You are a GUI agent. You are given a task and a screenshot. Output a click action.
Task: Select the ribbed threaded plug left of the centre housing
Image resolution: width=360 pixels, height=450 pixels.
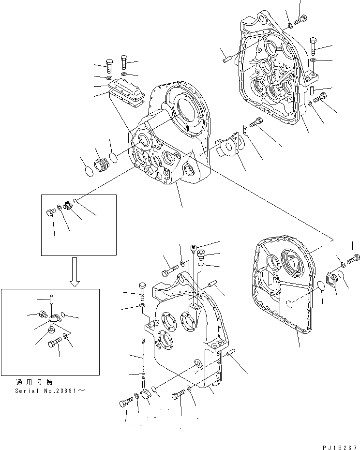pos(103,164)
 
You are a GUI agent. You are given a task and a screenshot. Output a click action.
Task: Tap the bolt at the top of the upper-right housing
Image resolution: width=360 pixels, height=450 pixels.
pos(300,19)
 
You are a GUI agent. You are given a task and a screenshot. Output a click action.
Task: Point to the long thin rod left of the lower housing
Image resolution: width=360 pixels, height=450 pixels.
pos(144,356)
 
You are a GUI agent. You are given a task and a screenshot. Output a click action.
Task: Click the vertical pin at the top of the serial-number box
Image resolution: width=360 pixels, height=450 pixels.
pos(50,301)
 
